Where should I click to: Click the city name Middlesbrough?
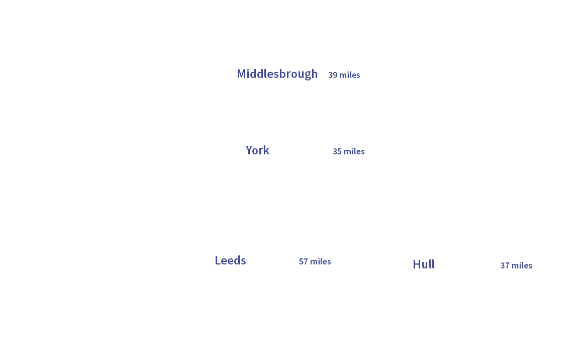pyautogui.click(x=277, y=74)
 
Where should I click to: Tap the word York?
pyautogui.click(x=257, y=150)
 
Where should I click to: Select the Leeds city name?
pyautogui.click(x=230, y=260)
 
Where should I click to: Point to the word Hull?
pyautogui.click(x=423, y=264)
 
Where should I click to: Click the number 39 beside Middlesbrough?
pyautogui.click(x=332, y=75)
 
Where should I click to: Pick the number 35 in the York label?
pyautogui.click(x=337, y=151)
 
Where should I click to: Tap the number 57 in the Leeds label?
pyautogui.click(x=303, y=261)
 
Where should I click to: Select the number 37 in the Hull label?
pyautogui.click(x=505, y=265)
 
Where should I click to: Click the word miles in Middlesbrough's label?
pyautogui.click(x=350, y=75)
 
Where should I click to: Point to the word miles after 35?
pyautogui.click(x=354, y=151)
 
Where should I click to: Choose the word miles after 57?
pyautogui.click(x=321, y=261)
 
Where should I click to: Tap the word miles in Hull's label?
pyautogui.click(x=522, y=265)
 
